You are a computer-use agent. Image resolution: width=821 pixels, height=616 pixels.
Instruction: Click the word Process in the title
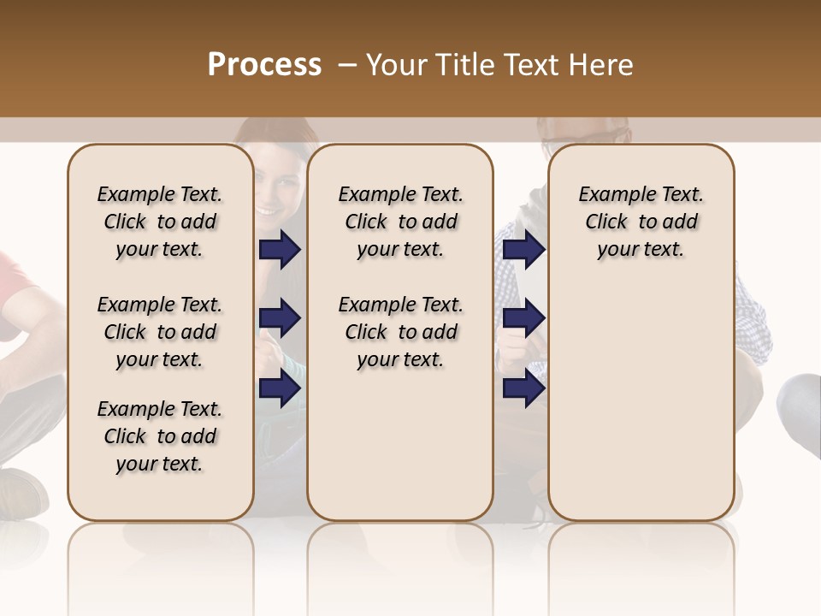click(264, 65)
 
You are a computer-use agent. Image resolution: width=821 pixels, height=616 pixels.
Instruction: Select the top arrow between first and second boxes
click(280, 249)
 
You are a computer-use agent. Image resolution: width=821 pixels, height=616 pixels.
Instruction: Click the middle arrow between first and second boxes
click(280, 318)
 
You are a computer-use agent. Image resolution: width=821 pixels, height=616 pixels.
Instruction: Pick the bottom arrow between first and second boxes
click(280, 388)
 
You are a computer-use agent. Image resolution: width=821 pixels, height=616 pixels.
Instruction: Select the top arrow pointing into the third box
click(523, 249)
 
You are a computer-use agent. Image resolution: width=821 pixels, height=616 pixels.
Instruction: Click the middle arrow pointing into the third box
click(523, 318)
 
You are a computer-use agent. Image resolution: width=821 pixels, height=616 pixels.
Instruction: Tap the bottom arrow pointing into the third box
click(523, 388)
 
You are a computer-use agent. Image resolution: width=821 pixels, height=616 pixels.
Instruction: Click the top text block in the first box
click(159, 222)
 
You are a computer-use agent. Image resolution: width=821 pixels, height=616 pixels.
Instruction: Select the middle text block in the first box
click(159, 332)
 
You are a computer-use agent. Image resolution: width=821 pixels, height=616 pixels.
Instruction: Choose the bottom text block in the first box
click(159, 436)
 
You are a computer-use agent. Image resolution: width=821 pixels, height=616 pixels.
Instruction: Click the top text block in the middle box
click(400, 222)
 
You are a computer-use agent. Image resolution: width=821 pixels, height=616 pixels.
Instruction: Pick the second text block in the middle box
click(400, 332)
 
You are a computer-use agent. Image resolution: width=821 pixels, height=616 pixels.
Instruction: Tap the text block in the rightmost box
click(641, 222)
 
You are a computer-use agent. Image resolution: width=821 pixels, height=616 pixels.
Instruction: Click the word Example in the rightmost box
click(609, 195)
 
